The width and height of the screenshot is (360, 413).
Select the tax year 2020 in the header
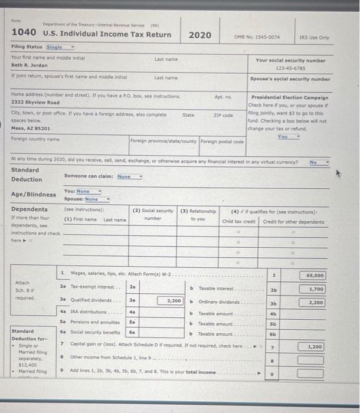coord(199,35)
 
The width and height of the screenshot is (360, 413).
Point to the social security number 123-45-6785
coord(290,67)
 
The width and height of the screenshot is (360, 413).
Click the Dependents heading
coord(30,209)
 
